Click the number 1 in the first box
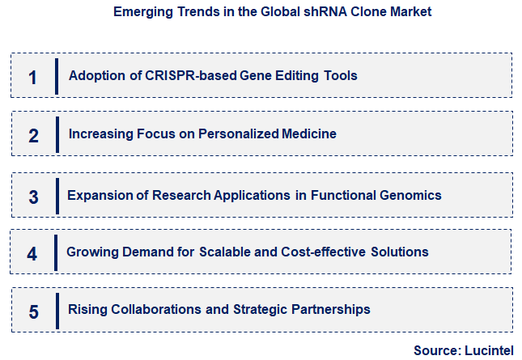click(32, 77)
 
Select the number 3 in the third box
click(33, 197)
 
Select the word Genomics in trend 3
click(414, 195)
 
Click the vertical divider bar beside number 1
click(57, 76)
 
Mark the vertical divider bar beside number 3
click(57, 196)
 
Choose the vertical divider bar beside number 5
click(57, 311)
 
